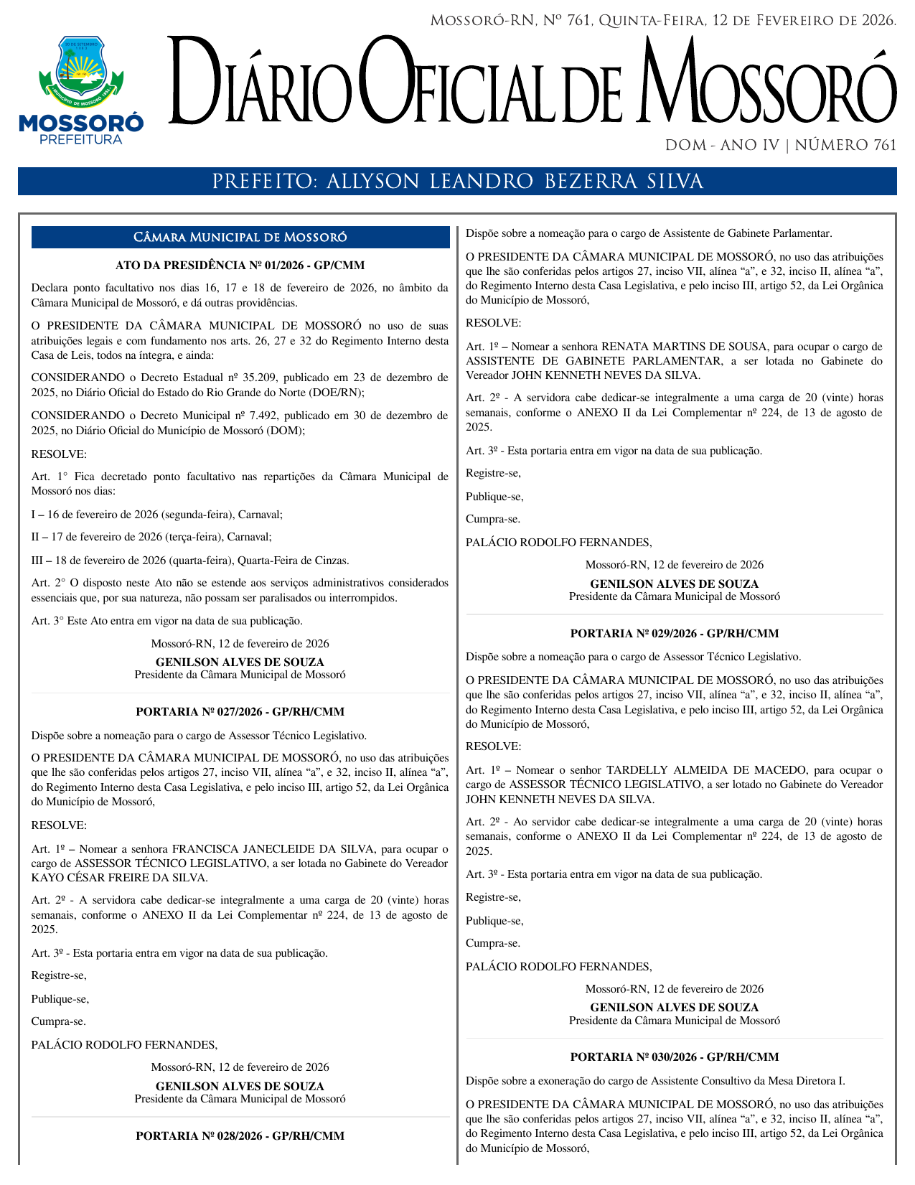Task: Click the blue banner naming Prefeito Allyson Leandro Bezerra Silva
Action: click(x=457, y=182)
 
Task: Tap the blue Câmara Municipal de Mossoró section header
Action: click(x=240, y=238)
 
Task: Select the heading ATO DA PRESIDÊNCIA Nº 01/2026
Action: click(x=240, y=266)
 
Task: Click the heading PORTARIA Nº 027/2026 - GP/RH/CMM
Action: click(x=240, y=712)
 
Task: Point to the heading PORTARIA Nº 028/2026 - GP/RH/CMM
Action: click(x=240, y=1136)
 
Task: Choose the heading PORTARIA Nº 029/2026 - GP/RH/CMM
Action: click(x=674, y=634)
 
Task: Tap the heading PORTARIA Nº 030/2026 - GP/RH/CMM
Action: click(x=674, y=1057)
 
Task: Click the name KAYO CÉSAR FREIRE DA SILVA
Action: click(x=119, y=878)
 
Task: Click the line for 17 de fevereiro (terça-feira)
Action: click(x=151, y=537)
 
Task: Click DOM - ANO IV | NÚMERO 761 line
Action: click(x=780, y=146)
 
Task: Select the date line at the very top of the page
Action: click(x=662, y=21)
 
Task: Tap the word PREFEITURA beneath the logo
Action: click(x=81, y=140)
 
